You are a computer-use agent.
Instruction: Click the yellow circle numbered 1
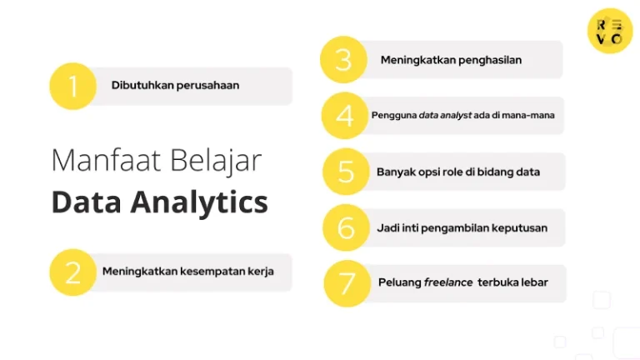[73, 86]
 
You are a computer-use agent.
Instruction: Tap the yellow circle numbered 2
[73, 272]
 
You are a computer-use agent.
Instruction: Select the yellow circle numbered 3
[344, 60]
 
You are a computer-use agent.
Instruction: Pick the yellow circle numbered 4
[345, 116]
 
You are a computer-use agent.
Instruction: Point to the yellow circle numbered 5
[346, 172]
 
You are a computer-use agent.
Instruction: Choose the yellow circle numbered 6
[346, 227]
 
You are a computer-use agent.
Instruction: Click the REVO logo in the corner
[609, 31]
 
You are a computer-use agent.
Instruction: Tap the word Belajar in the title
[217, 160]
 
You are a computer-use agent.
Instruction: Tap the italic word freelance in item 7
[448, 282]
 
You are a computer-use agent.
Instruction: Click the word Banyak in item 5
[395, 172]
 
